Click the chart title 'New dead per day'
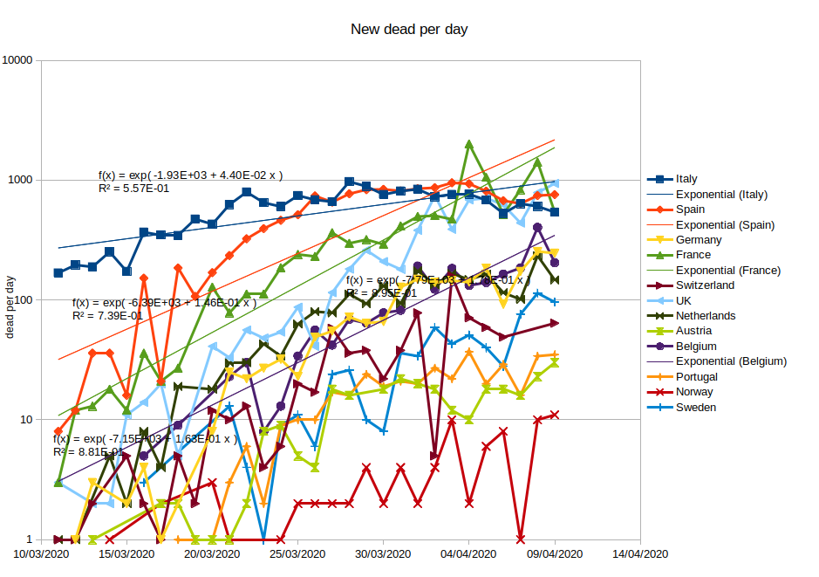pos(409,30)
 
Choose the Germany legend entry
pos(699,240)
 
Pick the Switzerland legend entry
pos(705,285)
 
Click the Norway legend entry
pos(694,392)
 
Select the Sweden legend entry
pos(696,407)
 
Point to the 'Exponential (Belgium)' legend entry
pos(732,361)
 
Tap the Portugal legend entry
pos(697,376)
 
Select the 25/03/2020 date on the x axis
pos(297,554)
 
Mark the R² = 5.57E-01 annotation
pos(133,189)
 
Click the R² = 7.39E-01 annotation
pos(107,316)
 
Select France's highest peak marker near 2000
pos(469,144)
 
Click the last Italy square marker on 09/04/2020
pos(555,212)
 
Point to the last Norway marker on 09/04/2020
pos(555,415)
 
